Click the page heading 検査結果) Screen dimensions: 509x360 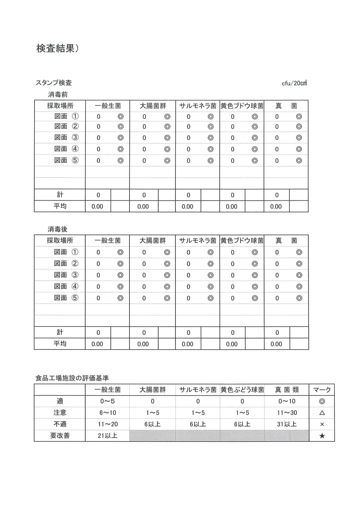click(x=57, y=48)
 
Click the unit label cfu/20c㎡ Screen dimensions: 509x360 click(x=294, y=83)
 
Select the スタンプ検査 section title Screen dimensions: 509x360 click(x=54, y=83)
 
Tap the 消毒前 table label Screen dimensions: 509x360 click(x=58, y=94)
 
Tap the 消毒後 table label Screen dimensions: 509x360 click(x=57, y=229)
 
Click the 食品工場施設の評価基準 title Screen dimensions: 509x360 click(x=72, y=378)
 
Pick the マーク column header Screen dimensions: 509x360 click(x=322, y=390)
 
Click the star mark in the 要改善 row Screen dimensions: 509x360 click(x=322, y=436)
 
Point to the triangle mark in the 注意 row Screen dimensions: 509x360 click(x=322, y=413)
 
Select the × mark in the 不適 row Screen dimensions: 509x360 click(x=322, y=424)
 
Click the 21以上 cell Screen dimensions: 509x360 click(x=107, y=436)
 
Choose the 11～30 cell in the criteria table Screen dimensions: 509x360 click(x=287, y=413)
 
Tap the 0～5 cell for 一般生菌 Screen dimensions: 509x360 click(x=107, y=401)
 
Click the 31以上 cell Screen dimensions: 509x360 click(x=287, y=424)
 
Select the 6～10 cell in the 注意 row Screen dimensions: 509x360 click(x=107, y=413)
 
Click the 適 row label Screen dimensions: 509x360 click(x=60, y=401)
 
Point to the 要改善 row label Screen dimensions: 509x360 click(x=60, y=436)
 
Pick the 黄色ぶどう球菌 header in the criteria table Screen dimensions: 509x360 click(x=242, y=390)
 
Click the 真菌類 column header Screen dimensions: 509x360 click(x=287, y=390)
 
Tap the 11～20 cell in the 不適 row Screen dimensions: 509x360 click(x=107, y=424)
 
